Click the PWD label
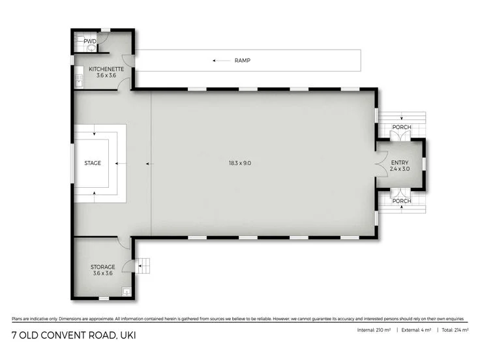pos(89,41)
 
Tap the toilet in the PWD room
pos(91,48)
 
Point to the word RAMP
pos(243,61)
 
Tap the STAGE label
pos(93,163)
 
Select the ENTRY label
pos(399,162)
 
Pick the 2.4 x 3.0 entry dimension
pos(399,169)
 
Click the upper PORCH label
pos(402,127)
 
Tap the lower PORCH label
pos(402,201)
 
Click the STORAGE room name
pos(103,267)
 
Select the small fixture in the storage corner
pos(128,292)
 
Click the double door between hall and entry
pos(380,163)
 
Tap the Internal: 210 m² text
pos(374,331)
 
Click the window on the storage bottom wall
pos(103,298)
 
